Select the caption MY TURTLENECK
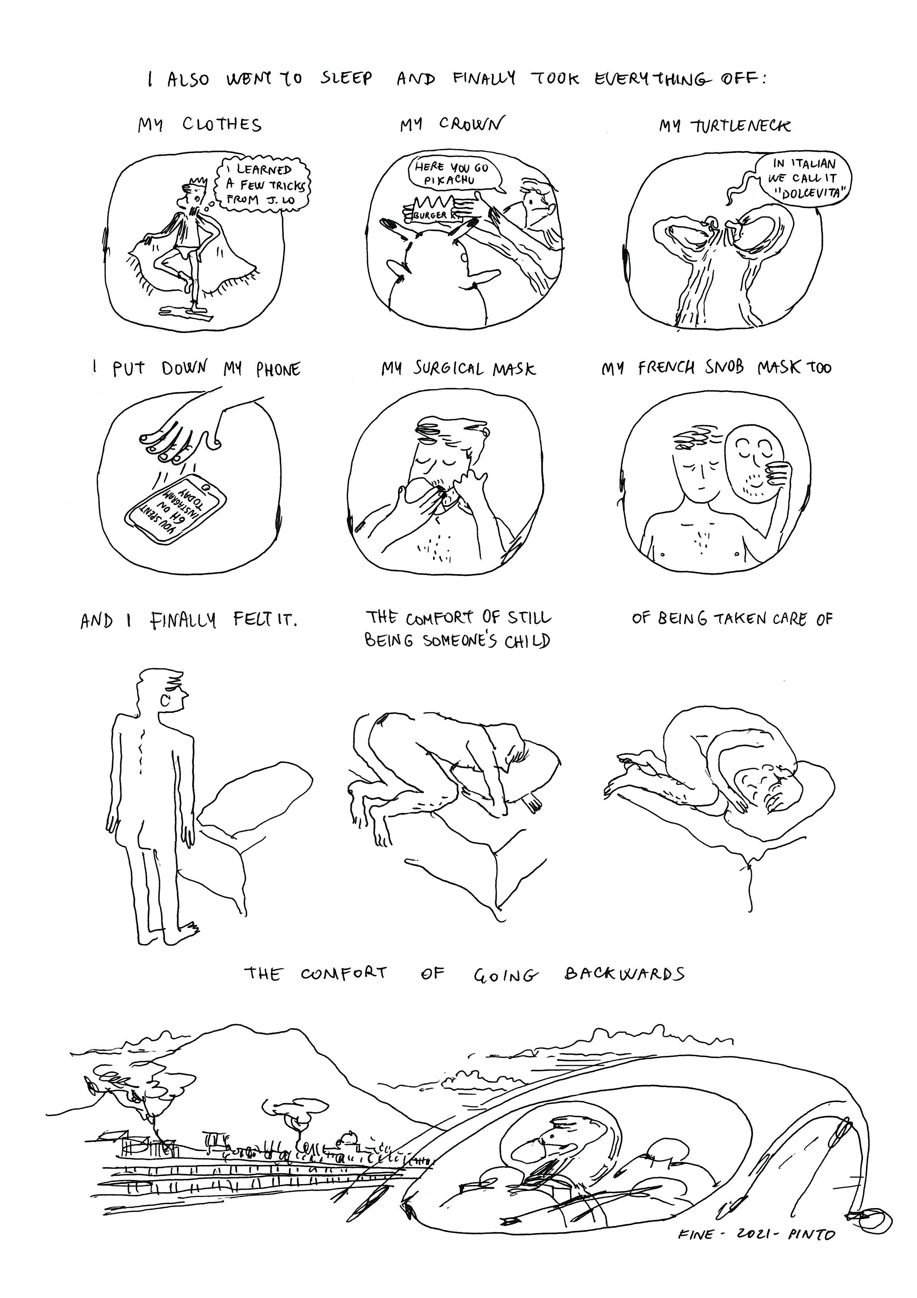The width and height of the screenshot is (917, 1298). click(x=724, y=126)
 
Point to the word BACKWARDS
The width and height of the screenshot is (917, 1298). click(x=624, y=973)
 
